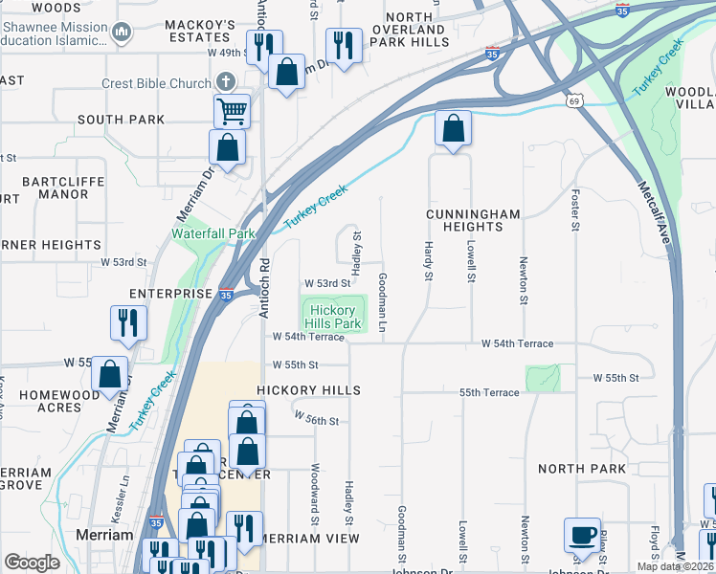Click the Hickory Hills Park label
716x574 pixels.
tap(334, 317)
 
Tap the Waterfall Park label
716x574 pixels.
tap(213, 233)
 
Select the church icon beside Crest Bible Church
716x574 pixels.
tap(225, 83)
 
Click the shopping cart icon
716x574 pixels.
tap(232, 110)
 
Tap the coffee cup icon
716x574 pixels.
tap(583, 535)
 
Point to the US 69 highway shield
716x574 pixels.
tap(574, 100)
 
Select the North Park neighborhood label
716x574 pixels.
tap(582, 469)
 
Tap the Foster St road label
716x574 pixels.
tap(575, 210)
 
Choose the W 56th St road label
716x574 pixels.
tap(317, 419)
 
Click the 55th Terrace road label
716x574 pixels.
tap(489, 393)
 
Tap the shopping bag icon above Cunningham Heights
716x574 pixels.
tap(453, 128)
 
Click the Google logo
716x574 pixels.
tap(32, 563)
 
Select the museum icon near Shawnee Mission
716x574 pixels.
tap(121, 33)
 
